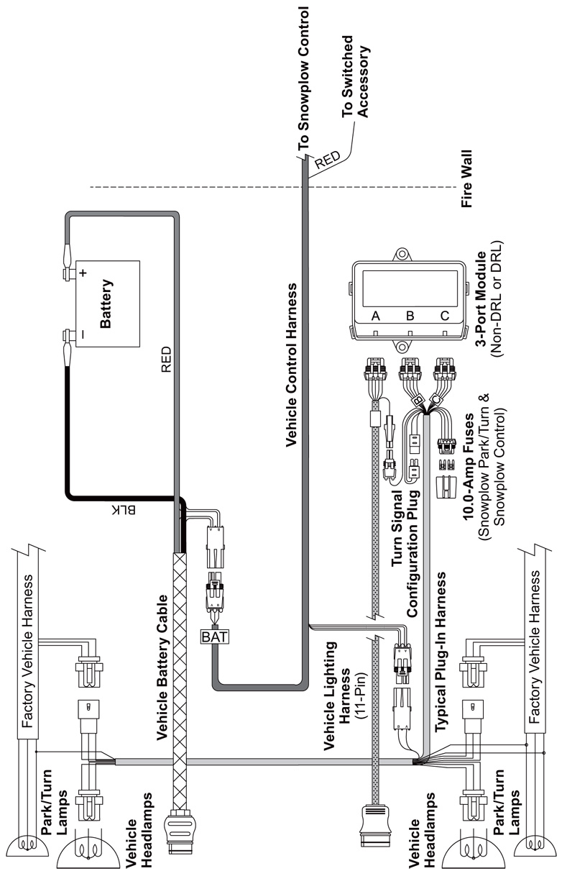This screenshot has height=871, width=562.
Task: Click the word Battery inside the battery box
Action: click(x=106, y=304)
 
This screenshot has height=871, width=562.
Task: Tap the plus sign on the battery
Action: click(x=83, y=273)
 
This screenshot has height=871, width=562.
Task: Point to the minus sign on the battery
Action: click(x=83, y=334)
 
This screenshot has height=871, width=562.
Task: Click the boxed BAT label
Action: click(x=215, y=637)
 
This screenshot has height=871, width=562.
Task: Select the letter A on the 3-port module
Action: click(x=375, y=316)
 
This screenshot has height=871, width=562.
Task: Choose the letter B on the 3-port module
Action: click(x=410, y=316)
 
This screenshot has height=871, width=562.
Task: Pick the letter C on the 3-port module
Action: click(x=445, y=316)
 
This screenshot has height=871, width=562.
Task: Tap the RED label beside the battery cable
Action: click(x=166, y=360)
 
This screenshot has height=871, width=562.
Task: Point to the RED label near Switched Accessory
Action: click(x=327, y=160)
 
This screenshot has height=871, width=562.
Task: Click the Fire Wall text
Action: click(x=466, y=178)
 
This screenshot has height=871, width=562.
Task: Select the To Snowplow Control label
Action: click(x=303, y=78)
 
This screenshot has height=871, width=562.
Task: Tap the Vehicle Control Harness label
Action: click(x=291, y=365)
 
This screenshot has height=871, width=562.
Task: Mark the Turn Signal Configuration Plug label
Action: click(x=405, y=553)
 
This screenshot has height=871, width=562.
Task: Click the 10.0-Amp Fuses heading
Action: click(x=469, y=466)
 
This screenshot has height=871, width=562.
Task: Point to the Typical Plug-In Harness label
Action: click(x=440, y=652)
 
